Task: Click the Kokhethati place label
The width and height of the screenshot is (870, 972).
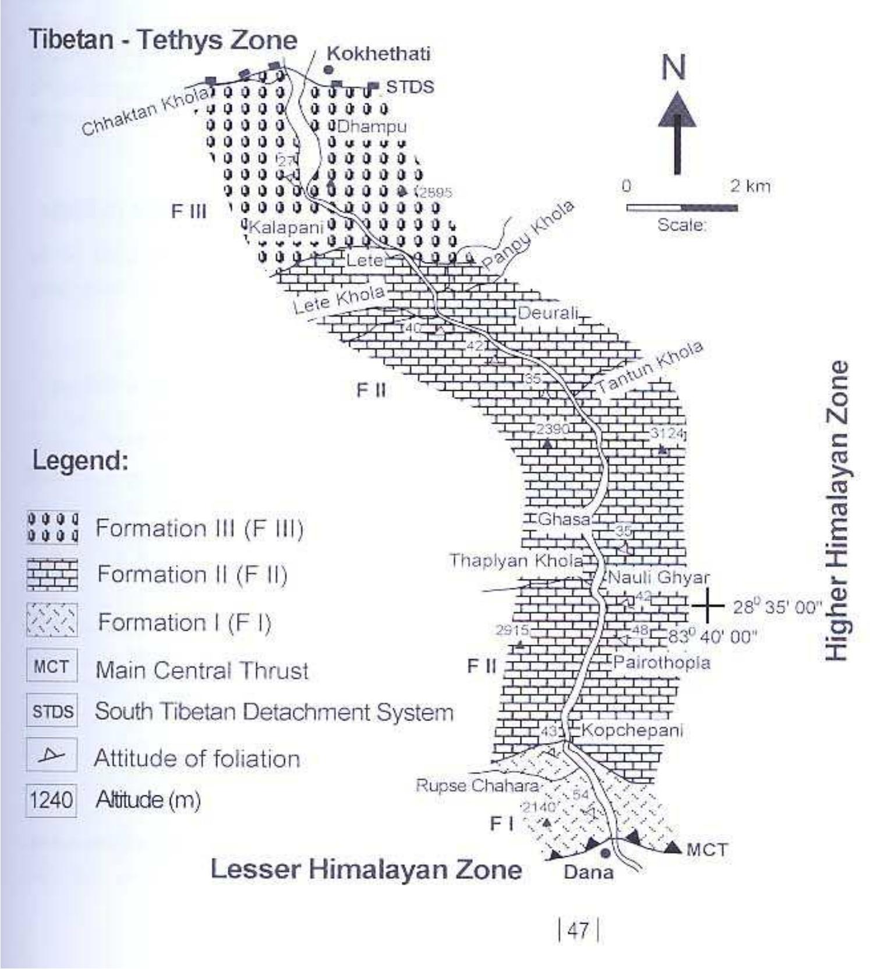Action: (x=379, y=54)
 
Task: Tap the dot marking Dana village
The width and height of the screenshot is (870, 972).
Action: (x=606, y=853)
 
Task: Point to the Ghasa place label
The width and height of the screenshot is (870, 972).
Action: (x=564, y=518)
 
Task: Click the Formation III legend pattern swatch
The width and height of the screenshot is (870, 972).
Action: (x=52, y=528)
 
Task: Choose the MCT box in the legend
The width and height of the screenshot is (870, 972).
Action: (x=51, y=667)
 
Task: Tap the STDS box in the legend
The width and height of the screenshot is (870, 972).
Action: (x=52, y=712)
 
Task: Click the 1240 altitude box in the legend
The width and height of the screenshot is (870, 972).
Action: (x=51, y=800)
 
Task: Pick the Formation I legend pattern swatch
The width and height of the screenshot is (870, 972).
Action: (x=52, y=621)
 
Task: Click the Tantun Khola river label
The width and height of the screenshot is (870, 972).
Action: (x=649, y=367)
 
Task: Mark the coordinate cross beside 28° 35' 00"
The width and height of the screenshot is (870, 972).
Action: (x=708, y=606)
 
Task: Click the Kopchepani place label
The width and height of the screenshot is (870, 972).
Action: (x=632, y=730)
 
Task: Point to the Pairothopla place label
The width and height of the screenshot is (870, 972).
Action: (x=662, y=662)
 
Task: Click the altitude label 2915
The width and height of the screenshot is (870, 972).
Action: (x=512, y=630)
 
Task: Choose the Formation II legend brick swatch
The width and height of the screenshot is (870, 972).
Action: (x=52, y=574)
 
